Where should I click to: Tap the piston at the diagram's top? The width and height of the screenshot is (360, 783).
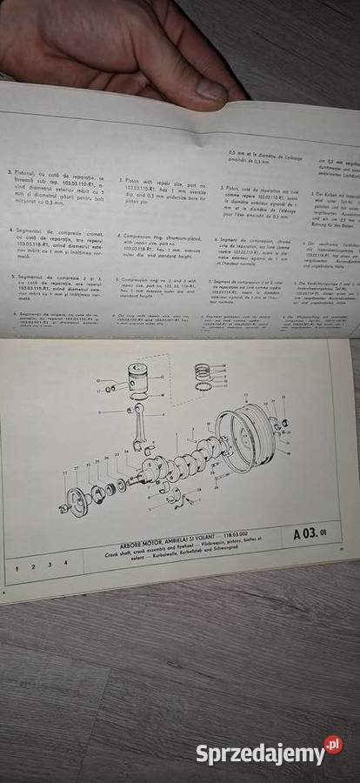coord(140,377)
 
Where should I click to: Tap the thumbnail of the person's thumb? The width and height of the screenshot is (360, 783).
coord(210,86)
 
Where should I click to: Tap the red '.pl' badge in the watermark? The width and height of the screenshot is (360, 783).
coord(333,745)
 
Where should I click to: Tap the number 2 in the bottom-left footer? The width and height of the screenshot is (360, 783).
coord(32,565)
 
